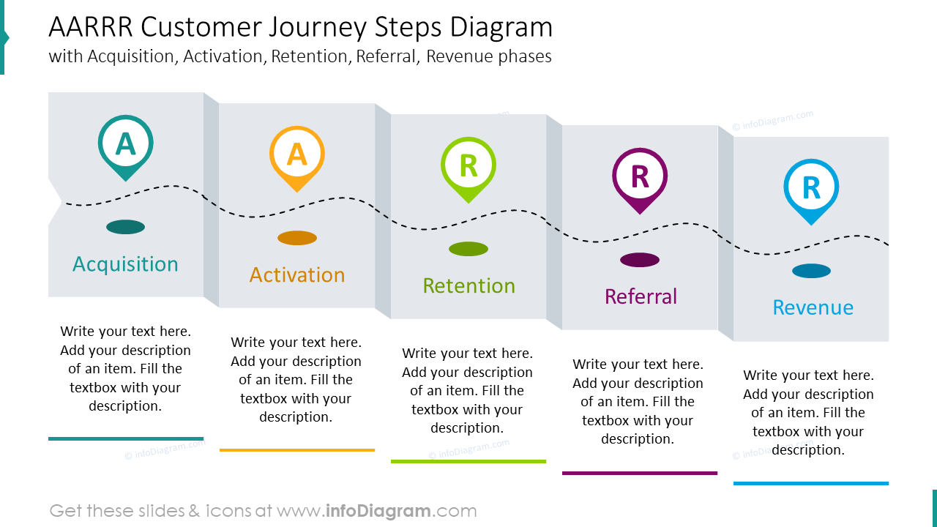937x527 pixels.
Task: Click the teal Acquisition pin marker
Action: [x=125, y=145]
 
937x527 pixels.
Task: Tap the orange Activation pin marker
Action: [x=296, y=156]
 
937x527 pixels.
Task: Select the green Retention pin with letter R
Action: [x=468, y=167]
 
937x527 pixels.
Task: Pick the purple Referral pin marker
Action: [x=639, y=178]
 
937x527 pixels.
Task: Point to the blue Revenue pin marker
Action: [x=811, y=189]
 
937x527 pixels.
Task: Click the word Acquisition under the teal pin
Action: [x=125, y=264]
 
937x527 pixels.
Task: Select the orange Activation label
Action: [x=296, y=275]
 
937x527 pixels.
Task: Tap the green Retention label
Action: [x=468, y=286]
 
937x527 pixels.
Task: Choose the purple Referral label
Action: [x=641, y=297]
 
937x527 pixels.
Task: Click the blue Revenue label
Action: [x=813, y=307]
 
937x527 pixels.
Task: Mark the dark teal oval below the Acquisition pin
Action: [x=125, y=227]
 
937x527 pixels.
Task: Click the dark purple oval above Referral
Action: [x=640, y=260]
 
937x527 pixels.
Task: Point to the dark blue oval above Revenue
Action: [x=811, y=271]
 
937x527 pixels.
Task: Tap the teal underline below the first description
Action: [x=125, y=438]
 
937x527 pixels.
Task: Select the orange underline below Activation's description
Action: [x=296, y=449]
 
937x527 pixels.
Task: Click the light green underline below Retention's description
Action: [x=468, y=461]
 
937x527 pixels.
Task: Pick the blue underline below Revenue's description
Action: [x=811, y=483]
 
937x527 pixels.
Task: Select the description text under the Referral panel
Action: [x=638, y=402]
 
